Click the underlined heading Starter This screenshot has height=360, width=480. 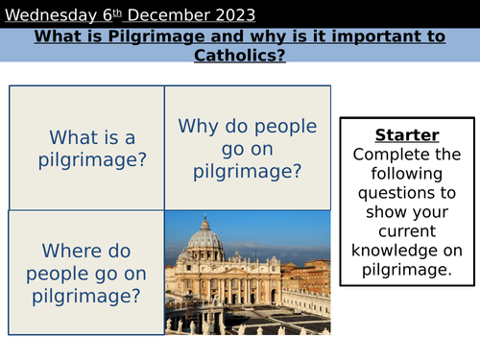[x=406, y=134]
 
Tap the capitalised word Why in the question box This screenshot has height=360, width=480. [x=196, y=125]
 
